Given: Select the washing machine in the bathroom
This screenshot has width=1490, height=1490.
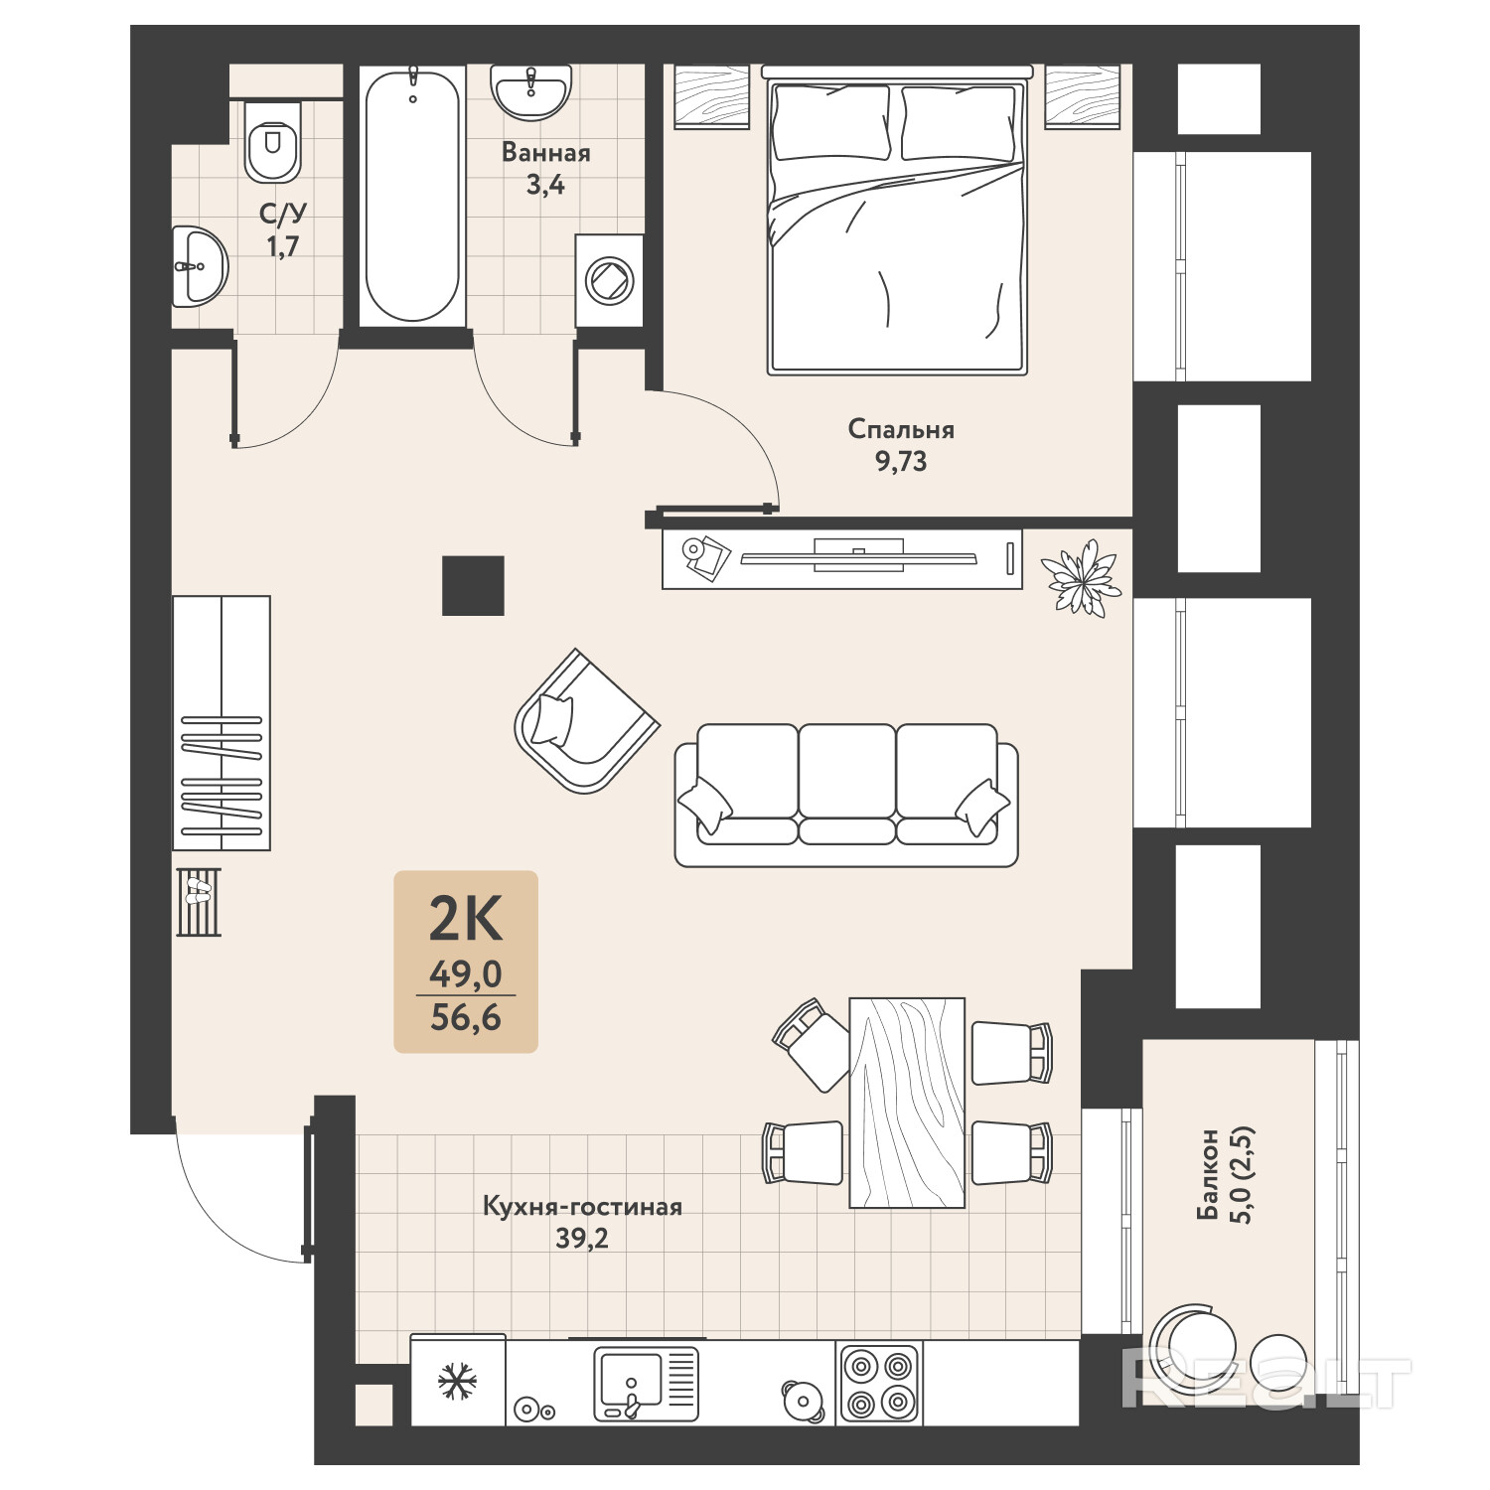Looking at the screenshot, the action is [607, 281].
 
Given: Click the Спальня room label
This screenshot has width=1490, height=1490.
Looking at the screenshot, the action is [901, 429].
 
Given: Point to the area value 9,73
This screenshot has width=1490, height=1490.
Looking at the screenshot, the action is [901, 462].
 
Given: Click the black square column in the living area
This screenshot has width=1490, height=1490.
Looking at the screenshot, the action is [473, 585].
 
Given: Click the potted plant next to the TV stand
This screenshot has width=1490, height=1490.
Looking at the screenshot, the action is [1080, 577].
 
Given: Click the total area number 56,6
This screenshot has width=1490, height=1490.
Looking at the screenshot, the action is [466, 1017].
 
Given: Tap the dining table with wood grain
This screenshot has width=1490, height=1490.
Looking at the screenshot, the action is [907, 1103].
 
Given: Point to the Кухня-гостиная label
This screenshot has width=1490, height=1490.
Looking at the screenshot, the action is [582, 1207].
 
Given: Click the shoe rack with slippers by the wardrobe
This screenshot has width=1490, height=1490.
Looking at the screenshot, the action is [199, 902].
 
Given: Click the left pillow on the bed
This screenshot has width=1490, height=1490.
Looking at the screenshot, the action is [830, 121].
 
